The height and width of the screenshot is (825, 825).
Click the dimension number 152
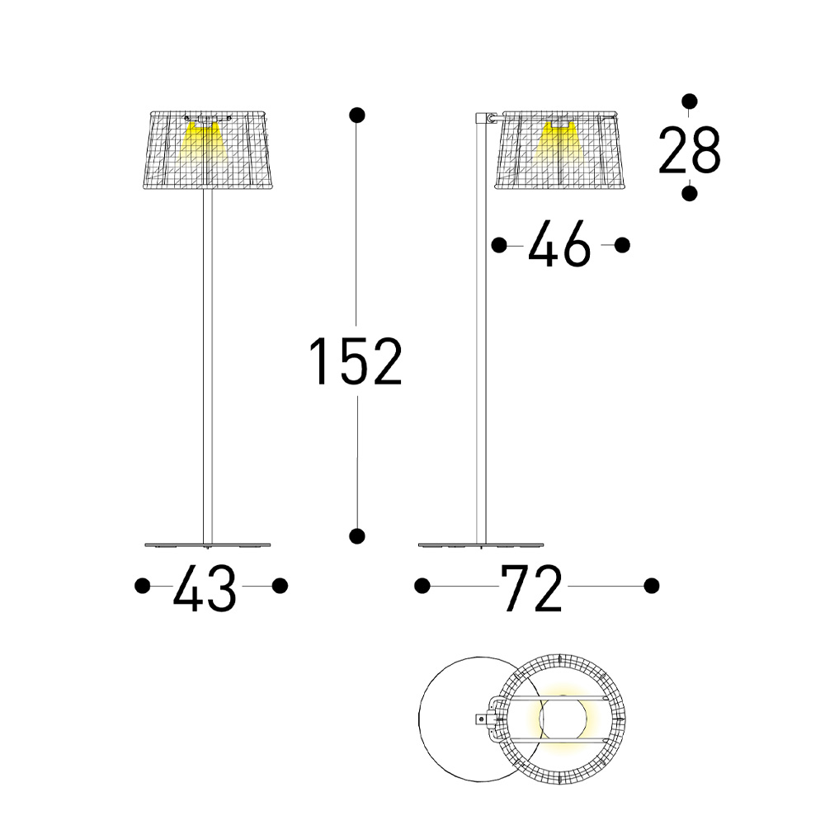click(356, 361)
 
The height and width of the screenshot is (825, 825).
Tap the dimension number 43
click(205, 588)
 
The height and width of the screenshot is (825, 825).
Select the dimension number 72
click(531, 588)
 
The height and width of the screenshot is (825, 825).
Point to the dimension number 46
click(559, 243)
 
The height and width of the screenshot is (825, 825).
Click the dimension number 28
click(689, 150)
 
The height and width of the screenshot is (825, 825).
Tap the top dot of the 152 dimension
click(356, 115)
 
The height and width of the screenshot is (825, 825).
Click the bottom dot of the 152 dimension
click(356, 536)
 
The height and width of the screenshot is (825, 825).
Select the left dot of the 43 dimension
click(143, 586)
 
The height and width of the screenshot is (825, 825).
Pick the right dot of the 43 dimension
click(280, 586)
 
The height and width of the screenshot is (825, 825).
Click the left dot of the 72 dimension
click(422, 586)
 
